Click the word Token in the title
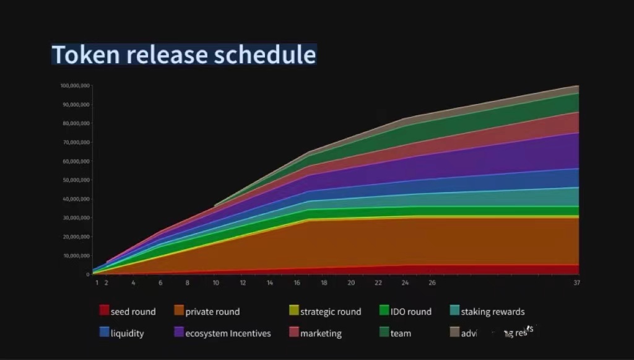click(x=86, y=55)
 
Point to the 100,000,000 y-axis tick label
click(x=75, y=86)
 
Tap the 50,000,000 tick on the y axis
click(x=76, y=180)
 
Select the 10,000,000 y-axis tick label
click(x=76, y=256)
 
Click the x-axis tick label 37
click(x=576, y=283)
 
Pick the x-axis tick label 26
click(x=432, y=283)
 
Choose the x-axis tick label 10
click(x=215, y=283)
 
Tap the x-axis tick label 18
click(x=324, y=283)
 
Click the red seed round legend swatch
click(x=104, y=310)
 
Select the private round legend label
click(x=212, y=312)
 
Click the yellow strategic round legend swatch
click(x=293, y=310)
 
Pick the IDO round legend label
click(x=410, y=312)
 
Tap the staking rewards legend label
click(x=492, y=312)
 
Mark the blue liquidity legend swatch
click(x=104, y=332)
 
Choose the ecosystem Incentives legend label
click(x=228, y=333)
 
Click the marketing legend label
click(x=321, y=333)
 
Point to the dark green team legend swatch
click(x=384, y=332)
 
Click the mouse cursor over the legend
click(x=508, y=334)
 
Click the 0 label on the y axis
click(x=87, y=274)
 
